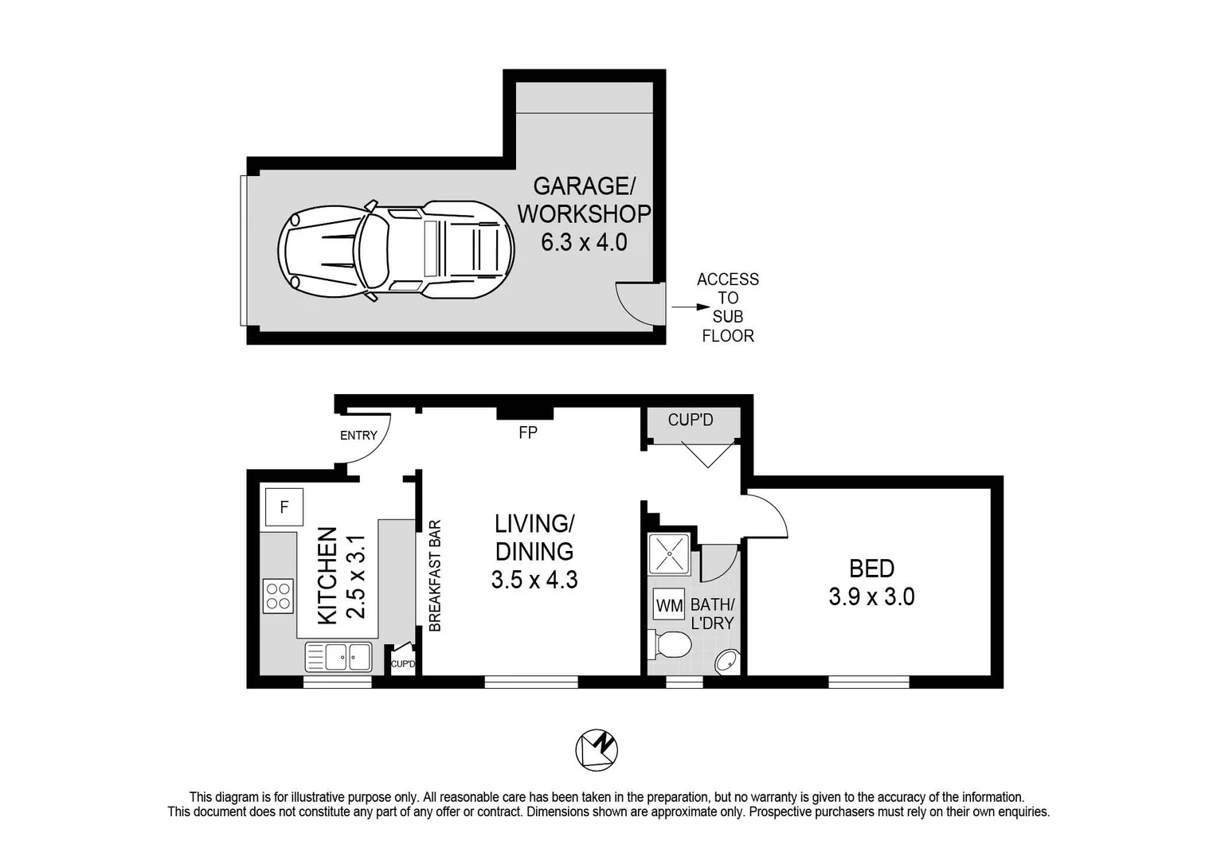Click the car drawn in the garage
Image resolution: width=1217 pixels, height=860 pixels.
pyautogui.click(x=395, y=250)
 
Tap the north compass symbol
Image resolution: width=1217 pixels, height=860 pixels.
pyautogui.click(x=597, y=750)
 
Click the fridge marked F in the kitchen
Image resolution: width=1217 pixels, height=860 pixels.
pyautogui.click(x=284, y=506)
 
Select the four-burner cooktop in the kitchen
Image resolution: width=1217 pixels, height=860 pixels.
pyautogui.click(x=278, y=596)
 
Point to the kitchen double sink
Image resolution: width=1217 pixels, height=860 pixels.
pyautogui.click(x=338, y=657)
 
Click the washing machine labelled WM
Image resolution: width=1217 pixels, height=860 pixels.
pyautogui.click(x=669, y=606)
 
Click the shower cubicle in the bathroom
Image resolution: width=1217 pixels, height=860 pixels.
pyautogui.click(x=669, y=553)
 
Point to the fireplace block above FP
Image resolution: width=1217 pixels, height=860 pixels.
pyautogui.click(x=525, y=412)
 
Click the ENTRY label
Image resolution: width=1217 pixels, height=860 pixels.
pyautogui.click(x=358, y=436)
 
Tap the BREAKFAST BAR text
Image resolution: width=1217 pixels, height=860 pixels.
pyautogui.click(x=435, y=576)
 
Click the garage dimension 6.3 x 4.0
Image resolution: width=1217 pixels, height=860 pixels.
pyautogui.click(x=584, y=242)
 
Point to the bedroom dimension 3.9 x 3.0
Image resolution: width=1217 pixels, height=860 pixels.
pyautogui.click(x=871, y=596)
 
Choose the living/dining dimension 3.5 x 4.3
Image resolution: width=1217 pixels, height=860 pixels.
pyautogui.click(x=534, y=580)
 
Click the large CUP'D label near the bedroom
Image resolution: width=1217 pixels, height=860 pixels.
pyautogui.click(x=691, y=420)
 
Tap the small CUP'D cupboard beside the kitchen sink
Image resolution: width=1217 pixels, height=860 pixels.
pyautogui.click(x=402, y=662)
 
